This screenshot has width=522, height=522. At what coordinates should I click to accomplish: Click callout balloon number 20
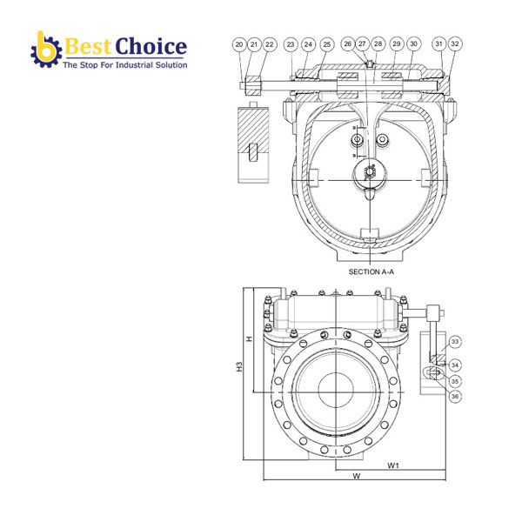[238, 43]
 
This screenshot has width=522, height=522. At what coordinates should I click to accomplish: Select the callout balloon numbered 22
[269, 43]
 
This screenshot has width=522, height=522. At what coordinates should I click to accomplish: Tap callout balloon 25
[326, 43]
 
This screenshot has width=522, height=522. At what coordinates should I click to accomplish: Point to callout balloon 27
[362, 43]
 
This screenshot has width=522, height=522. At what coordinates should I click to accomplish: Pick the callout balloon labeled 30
[413, 43]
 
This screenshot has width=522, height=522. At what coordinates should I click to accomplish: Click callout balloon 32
[456, 43]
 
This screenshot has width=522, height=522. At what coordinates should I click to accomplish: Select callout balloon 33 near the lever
[455, 342]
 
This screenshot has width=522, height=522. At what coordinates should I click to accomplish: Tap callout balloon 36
[455, 396]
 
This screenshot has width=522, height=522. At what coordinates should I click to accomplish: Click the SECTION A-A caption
[371, 272]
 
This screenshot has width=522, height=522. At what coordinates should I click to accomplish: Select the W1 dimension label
[393, 465]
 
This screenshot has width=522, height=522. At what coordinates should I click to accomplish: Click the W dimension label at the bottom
[356, 477]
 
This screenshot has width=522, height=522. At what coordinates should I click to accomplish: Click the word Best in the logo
[88, 46]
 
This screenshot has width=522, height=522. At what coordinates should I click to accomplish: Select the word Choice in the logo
[151, 46]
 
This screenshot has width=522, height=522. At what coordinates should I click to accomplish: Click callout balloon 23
[291, 43]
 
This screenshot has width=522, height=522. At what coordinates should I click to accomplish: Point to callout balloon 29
[397, 43]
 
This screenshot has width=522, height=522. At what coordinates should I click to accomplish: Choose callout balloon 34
[455, 365]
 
